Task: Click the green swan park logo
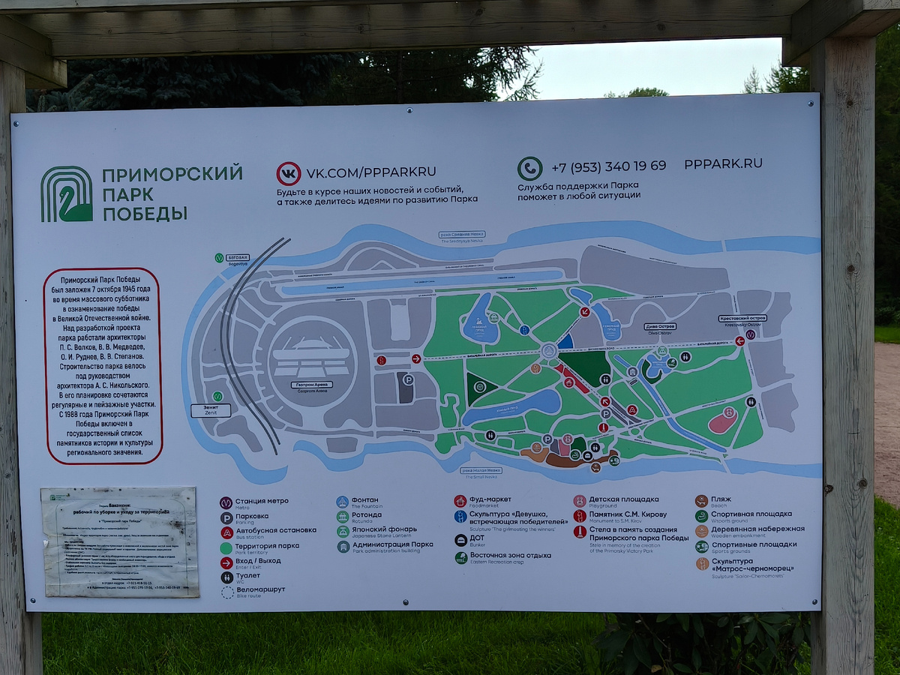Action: (67, 193)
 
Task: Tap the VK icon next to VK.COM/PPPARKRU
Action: (289, 173)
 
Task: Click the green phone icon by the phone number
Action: (529, 168)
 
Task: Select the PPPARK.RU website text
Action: (722, 163)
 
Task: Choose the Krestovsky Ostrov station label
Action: (742, 319)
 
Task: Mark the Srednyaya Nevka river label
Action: (462, 236)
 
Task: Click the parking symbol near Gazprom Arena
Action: (409, 380)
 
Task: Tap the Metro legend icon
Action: (226, 502)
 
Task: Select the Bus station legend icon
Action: (226, 532)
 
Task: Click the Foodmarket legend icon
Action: (460, 501)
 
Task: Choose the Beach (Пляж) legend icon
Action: (702, 501)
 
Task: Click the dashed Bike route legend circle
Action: (226, 592)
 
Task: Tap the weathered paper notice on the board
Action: (120, 541)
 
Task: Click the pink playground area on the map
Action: (722, 421)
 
